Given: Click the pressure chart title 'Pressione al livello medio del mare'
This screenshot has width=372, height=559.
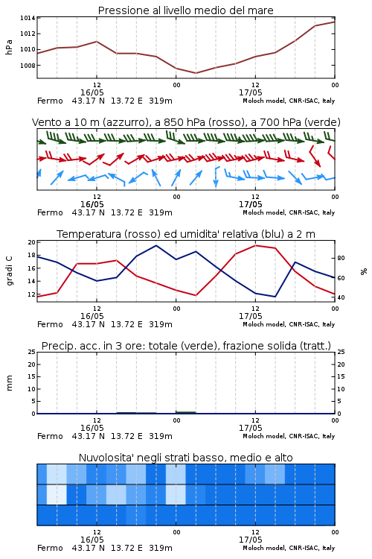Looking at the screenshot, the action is [185, 10].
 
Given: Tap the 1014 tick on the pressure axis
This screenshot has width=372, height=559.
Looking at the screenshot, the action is [28, 18].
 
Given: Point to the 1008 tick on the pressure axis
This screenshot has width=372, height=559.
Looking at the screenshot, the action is [28, 66].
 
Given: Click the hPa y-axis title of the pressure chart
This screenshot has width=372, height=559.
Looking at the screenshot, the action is [9, 47].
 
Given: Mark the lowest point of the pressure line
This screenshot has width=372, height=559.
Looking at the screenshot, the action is [196, 73].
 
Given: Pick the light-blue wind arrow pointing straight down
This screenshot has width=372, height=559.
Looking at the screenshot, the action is [216, 177].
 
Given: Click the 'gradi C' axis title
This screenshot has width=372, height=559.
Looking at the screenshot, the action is [10, 271].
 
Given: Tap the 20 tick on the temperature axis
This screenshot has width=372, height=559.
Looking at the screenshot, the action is [32, 242].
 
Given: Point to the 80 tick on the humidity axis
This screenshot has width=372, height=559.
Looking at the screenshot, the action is [341, 258].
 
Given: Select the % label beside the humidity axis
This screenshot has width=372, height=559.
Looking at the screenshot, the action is [364, 271].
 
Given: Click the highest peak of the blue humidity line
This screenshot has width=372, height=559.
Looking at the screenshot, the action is [156, 245].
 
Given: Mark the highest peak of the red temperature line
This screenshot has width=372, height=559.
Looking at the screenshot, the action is [255, 245].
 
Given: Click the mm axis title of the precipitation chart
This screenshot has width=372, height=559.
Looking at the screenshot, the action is [9, 382].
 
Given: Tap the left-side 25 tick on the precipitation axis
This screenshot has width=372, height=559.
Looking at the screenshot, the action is [32, 352].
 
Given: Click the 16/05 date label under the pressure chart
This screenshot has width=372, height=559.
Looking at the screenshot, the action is [92, 92].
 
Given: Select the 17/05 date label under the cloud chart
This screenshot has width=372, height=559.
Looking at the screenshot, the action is [250, 540].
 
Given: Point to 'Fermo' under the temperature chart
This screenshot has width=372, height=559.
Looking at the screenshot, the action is [50, 324].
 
